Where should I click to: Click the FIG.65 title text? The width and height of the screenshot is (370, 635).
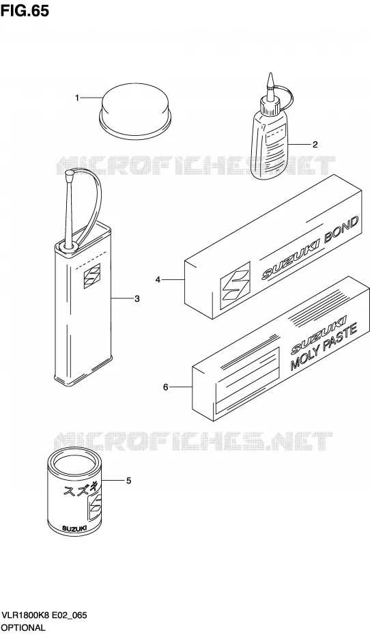tap(25, 10)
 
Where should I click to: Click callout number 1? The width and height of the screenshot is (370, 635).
tap(77, 98)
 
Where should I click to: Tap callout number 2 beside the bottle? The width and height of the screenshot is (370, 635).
tap(315, 145)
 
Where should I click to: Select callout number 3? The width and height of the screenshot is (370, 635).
tap(137, 299)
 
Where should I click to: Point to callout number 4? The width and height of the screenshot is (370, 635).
tap(158, 279)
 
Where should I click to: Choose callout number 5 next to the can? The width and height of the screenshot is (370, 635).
tap(128, 481)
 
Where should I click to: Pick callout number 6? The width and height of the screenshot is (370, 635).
tap(165, 388)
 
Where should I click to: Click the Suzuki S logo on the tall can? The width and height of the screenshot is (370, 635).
tap(92, 277)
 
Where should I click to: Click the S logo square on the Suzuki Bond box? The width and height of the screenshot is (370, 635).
tap(235, 284)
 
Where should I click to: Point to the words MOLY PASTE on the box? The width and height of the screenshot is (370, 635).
tap(324, 347)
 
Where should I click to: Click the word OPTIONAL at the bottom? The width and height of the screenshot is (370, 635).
tap(23, 627)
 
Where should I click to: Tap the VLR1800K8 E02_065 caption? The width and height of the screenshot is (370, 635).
tap(44, 616)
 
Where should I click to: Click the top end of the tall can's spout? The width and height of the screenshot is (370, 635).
tap(69, 173)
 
